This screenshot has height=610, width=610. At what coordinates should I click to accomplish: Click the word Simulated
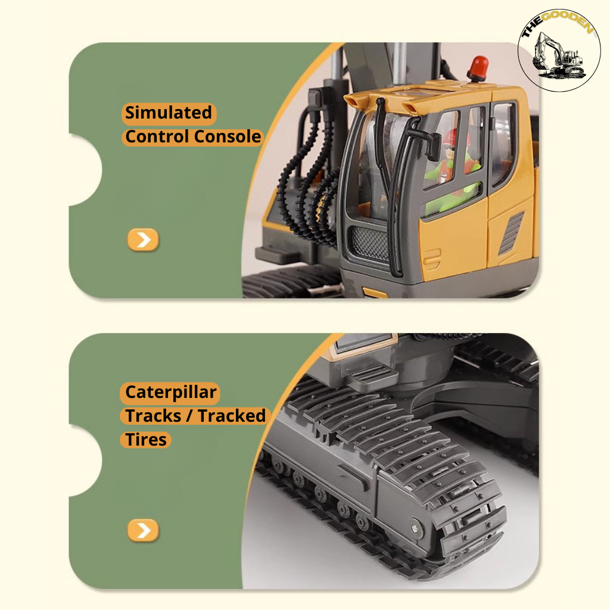point(169,113)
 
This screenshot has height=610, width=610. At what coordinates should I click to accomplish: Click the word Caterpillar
point(171,393)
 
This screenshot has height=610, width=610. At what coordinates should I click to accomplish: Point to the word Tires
point(147,440)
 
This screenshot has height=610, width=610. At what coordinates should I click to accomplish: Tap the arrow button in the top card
point(143,239)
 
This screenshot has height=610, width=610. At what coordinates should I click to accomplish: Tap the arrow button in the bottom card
point(143,530)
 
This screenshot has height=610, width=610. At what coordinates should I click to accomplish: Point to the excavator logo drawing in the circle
point(558,57)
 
